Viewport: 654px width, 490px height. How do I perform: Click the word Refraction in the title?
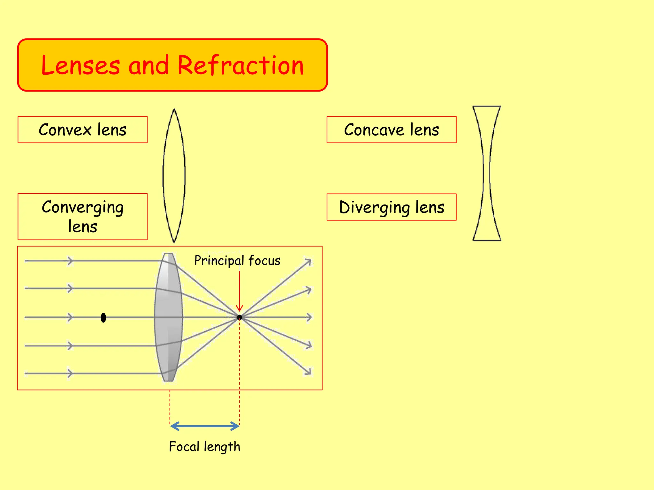pyautogui.click(x=240, y=65)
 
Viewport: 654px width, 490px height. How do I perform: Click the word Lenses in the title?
pyautogui.click(x=81, y=65)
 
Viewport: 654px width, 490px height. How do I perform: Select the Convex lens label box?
pyautogui.click(x=82, y=130)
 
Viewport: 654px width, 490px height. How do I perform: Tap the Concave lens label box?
pyautogui.click(x=392, y=130)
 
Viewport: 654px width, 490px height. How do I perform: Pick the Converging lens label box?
pyautogui.click(x=82, y=217)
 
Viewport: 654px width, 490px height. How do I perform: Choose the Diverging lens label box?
pyautogui.click(x=392, y=207)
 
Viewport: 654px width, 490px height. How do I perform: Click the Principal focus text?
pyautogui.click(x=237, y=261)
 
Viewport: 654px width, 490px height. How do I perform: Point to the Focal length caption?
pyautogui.click(x=204, y=447)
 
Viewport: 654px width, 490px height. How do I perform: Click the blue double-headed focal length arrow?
pyautogui.click(x=205, y=426)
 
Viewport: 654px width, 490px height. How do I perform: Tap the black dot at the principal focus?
pyautogui.click(x=240, y=317)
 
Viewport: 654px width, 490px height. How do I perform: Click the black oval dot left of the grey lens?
pyautogui.click(x=103, y=318)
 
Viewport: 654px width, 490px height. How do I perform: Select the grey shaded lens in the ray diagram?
pyautogui.click(x=168, y=317)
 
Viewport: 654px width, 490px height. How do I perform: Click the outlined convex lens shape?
pyautogui.click(x=174, y=175)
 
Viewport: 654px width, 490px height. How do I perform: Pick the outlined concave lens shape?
pyautogui.click(x=487, y=173)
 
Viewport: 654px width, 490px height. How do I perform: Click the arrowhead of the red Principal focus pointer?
pyautogui.click(x=240, y=308)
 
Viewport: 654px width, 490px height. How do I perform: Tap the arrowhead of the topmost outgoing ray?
pyautogui.click(x=308, y=262)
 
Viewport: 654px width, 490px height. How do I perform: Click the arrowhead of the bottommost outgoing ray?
pyautogui.click(x=308, y=372)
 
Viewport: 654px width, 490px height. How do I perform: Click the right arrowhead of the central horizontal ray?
pyautogui.click(x=309, y=317)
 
